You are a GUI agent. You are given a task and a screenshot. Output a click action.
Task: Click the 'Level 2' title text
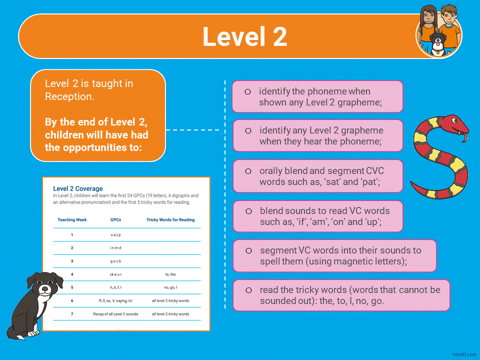coord(244,37)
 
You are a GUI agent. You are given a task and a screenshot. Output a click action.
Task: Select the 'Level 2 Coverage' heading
coord(78,188)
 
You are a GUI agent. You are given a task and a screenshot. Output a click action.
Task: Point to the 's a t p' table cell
coord(115,234)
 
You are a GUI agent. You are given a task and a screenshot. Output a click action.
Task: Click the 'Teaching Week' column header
coord(72,219)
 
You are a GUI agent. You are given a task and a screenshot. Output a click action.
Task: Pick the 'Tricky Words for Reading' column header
coord(170,219)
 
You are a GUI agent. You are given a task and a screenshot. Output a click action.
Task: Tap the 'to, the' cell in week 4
coord(170,274)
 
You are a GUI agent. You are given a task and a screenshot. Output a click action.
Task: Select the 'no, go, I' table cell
coord(170,287)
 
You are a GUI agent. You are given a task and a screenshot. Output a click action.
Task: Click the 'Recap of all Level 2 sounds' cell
coord(115,314)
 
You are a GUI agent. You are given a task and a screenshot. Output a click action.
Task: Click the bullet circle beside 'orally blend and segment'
coord(248,171)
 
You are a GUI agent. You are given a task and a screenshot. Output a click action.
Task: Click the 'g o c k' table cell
coord(115,261)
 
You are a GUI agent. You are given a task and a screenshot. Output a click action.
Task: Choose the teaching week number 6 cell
coord(72,301)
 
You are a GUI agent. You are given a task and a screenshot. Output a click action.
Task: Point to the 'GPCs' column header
coord(115,219)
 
